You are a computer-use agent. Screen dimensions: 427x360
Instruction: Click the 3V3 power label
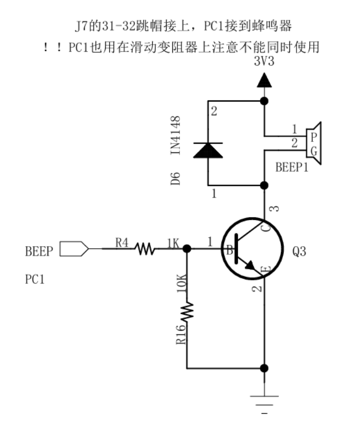265,62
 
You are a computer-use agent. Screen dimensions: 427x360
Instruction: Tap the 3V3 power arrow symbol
264,80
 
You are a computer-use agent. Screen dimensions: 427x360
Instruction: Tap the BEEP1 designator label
292,167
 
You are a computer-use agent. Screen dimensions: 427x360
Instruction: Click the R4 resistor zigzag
145,249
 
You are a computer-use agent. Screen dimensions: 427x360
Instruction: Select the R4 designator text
122,242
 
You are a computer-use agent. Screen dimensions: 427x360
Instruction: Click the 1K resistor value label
171,243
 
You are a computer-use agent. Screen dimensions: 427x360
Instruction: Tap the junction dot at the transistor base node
187,249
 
